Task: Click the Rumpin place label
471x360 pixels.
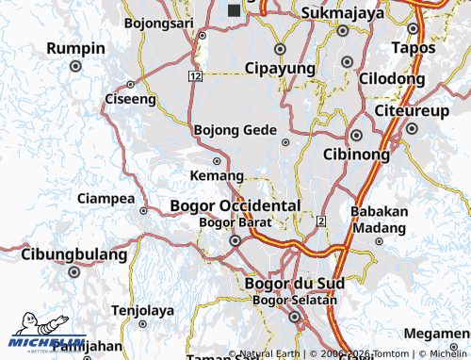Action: pyautogui.click(x=76, y=49)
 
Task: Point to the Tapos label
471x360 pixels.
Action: pyautogui.click(x=414, y=47)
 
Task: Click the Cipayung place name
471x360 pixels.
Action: pyautogui.click(x=279, y=68)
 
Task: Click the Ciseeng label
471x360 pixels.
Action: pyautogui.click(x=130, y=98)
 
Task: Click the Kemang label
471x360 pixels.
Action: pyautogui.click(x=217, y=176)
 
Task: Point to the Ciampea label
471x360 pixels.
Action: pyautogui.click(x=106, y=198)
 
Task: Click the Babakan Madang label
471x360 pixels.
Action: pyautogui.click(x=379, y=219)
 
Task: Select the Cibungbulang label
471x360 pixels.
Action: pyautogui.click(x=73, y=254)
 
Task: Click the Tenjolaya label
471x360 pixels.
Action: pyautogui.click(x=143, y=310)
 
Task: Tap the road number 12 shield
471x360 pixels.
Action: pyautogui.click(x=194, y=75)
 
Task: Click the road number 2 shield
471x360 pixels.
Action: pyautogui.click(x=321, y=221)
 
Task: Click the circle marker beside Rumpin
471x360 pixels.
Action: pyautogui.click(x=75, y=67)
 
